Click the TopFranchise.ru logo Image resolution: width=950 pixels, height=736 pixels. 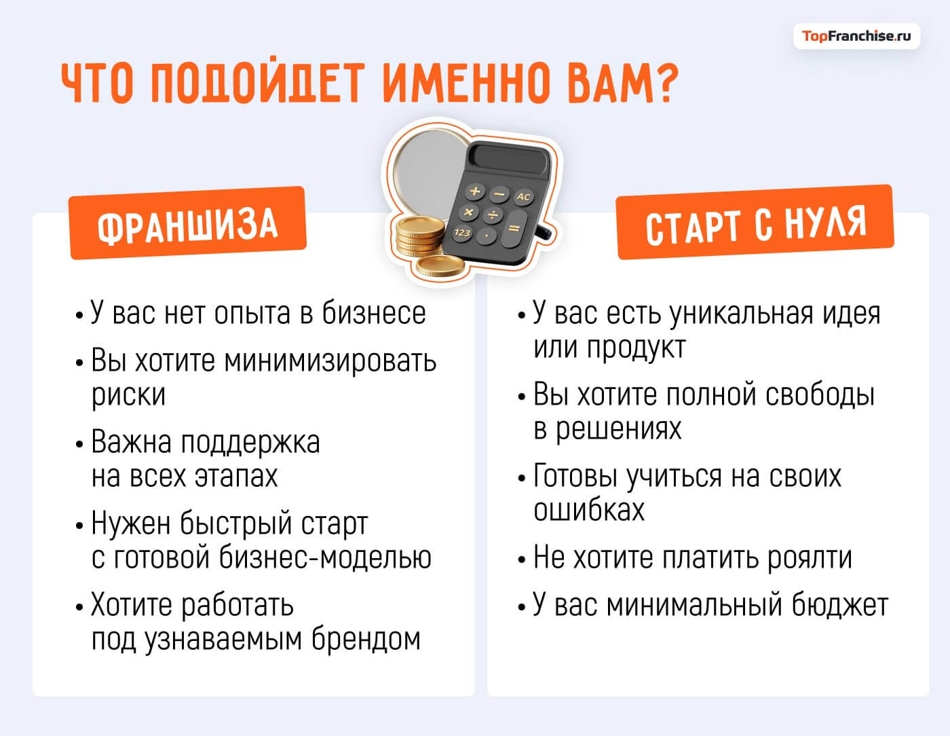(x=856, y=36)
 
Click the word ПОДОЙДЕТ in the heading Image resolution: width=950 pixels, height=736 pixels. (x=259, y=84)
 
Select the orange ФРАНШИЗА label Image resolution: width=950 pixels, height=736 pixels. (x=187, y=223)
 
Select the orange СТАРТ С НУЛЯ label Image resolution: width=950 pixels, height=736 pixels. (x=755, y=223)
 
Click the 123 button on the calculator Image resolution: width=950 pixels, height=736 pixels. (x=462, y=232)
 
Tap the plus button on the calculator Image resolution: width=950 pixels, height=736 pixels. (x=476, y=191)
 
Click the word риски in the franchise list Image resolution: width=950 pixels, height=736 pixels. (x=128, y=395)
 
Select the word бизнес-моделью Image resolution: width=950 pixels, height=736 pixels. (x=325, y=558)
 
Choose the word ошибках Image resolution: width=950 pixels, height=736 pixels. (x=588, y=511)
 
